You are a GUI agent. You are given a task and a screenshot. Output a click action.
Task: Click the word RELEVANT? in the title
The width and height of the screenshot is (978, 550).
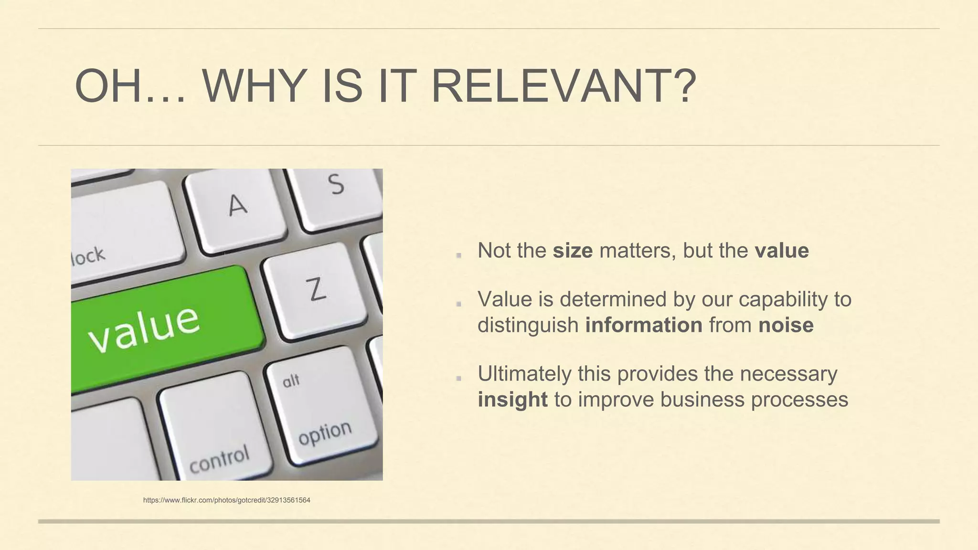[x=563, y=86]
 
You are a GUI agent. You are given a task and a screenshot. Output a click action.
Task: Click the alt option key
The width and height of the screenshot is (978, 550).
[x=320, y=406]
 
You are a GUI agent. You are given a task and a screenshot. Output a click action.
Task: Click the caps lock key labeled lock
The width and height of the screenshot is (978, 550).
[x=124, y=229]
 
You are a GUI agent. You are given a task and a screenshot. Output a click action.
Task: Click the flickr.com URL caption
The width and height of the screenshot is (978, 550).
[x=227, y=500]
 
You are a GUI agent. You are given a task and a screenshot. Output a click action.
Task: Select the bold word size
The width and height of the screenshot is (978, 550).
[x=573, y=251]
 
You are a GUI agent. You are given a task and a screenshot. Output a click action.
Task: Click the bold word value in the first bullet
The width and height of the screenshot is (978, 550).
[x=782, y=251]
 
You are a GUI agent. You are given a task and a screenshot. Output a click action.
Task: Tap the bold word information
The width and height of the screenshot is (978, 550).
[x=644, y=325]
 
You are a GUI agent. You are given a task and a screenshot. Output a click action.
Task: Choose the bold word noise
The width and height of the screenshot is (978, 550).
[x=786, y=325]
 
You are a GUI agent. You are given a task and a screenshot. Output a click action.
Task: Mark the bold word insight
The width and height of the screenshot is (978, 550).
[x=512, y=400]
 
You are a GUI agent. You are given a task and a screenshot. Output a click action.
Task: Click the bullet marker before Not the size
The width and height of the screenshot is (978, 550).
[x=458, y=255]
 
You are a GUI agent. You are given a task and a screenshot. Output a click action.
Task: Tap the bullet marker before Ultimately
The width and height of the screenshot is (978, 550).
[x=458, y=378]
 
